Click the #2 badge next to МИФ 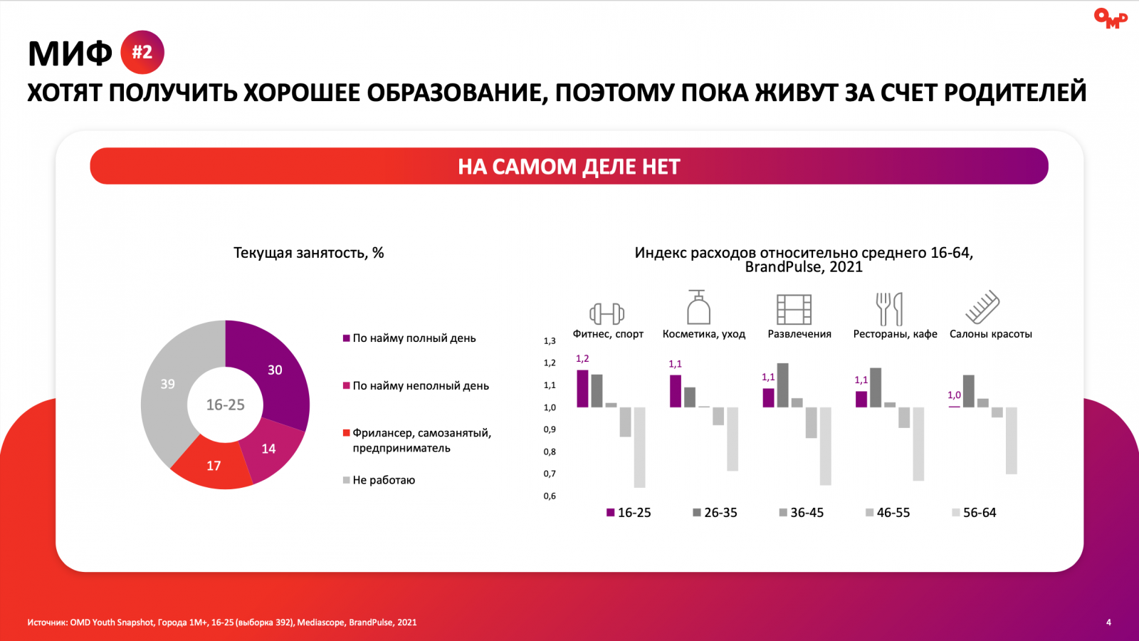142,52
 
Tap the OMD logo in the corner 1110,18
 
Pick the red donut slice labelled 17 212,466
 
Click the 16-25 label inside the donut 225,405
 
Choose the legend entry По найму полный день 414,338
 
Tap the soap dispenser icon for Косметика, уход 698,308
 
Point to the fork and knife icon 889,309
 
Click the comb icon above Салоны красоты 982,308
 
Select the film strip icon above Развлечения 794,309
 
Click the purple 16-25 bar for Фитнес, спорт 582,389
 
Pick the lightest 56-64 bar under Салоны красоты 1011,440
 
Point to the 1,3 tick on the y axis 550,341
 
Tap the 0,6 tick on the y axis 550,496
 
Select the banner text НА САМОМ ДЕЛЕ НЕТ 569,167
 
